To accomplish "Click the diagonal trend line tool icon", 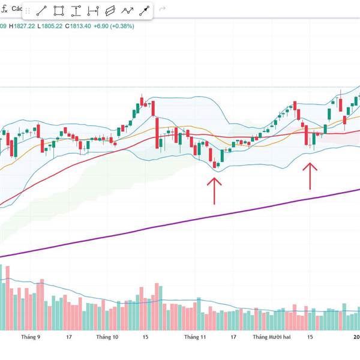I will coord(42,10).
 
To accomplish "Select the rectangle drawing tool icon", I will coord(59,10).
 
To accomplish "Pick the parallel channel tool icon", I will coord(110,10).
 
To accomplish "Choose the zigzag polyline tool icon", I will coord(127,10).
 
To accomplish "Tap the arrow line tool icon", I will coord(144,10).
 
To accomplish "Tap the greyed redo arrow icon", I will coord(162,10).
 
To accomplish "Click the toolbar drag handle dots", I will coord(27,10).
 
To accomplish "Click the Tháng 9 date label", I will coord(30,337).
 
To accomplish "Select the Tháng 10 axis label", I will coord(107,337).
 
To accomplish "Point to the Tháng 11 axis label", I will coord(195,337).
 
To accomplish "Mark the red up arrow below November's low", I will coord(214,190).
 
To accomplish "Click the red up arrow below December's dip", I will coord(310,175).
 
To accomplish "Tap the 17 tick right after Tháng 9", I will coord(69,337).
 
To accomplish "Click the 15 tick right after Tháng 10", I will coord(145,337).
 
